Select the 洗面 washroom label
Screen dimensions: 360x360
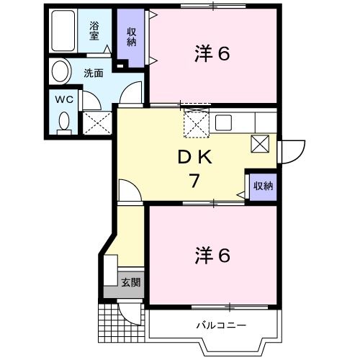click(x=93, y=73)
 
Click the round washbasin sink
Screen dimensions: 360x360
click(x=61, y=72)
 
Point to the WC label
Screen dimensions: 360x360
click(x=63, y=99)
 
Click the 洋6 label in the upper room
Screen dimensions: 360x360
click(x=212, y=53)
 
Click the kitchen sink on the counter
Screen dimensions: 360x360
click(x=222, y=120)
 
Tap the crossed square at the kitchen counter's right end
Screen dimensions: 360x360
click(x=260, y=143)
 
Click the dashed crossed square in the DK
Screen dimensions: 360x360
click(x=194, y=124)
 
